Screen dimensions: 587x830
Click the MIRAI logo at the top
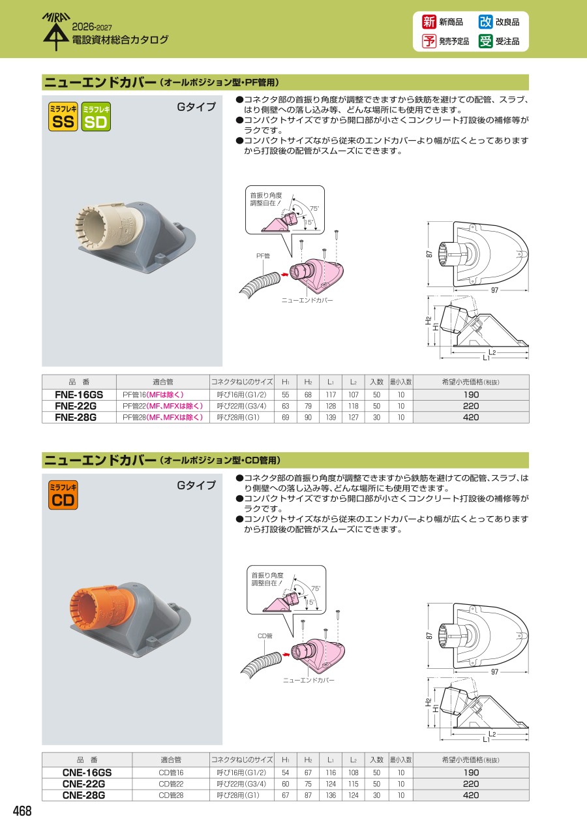tap(56, 31)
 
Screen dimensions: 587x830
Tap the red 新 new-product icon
tap(429, 22)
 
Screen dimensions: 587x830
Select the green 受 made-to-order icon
tap(485, 41)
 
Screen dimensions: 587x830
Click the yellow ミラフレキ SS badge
tap(63, 117)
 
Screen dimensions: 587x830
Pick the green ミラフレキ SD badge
tap(96, 117)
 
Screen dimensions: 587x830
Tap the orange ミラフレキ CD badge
tap(63, 495)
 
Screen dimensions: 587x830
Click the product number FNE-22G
tap(76, 406)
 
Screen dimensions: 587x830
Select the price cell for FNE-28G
tap(471, 417)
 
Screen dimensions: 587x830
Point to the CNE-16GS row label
tap(87, 773)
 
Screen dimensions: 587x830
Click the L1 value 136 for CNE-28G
tap(331, 795)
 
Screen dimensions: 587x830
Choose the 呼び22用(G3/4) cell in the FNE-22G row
tap(241, 406)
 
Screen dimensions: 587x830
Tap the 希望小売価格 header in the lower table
tap(470, 760)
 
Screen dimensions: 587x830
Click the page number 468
tap(22, 811)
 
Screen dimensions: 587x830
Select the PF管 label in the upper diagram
tap(263, 256)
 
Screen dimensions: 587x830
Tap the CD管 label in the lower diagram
tap(265, 636)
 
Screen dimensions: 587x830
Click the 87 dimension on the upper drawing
tap(429, 254)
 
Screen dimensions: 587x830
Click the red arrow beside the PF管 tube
tap(284, 275)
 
